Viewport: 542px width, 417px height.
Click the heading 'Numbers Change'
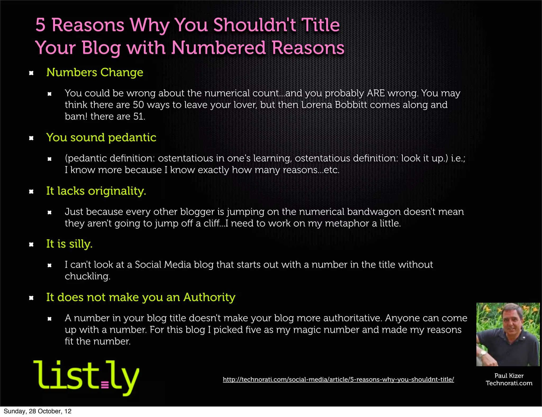(94, 72)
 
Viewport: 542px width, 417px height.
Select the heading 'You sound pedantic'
(101, 138)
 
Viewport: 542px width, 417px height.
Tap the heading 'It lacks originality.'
(96, 191)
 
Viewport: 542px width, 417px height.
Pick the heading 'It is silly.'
(69, 244)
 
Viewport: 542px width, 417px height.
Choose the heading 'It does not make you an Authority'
(141, 297)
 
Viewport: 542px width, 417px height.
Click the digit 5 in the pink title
(40, 25)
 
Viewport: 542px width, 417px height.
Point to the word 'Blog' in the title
(101, 48)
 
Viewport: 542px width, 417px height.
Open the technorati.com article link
(338, 379)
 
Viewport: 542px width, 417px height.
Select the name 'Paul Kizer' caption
(509, 376)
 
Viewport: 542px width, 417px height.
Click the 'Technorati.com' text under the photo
(509, 383)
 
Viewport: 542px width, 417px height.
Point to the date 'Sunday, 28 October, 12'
(37, 411)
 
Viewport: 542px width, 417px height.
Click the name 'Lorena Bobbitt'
(334, 105)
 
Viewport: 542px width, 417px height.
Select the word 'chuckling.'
(87, 277)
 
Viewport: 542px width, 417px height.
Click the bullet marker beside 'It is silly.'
(31, 244)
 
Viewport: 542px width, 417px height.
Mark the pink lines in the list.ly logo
(105, 384)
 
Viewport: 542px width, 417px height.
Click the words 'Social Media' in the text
(163, 265)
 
